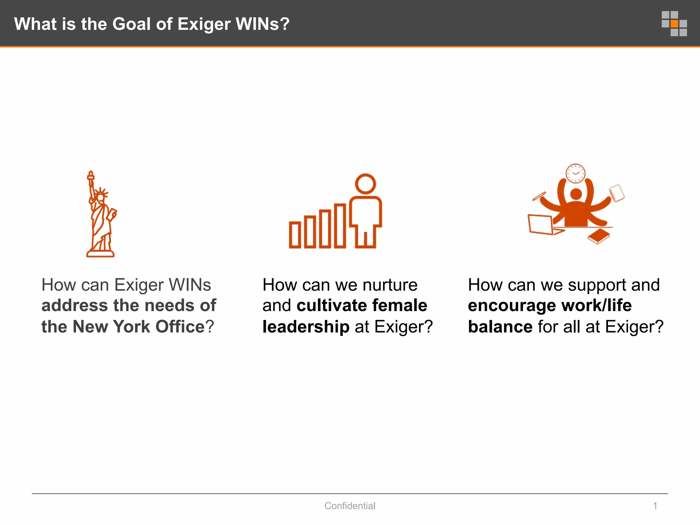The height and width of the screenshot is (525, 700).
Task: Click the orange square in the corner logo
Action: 674,24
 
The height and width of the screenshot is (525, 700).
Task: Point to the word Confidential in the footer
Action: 350,506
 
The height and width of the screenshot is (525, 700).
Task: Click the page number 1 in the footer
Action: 655,506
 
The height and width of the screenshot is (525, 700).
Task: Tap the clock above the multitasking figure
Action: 576,173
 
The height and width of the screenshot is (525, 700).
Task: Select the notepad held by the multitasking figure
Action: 617,193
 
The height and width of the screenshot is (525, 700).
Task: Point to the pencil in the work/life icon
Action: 539,197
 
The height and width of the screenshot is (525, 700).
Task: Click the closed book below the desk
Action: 599,236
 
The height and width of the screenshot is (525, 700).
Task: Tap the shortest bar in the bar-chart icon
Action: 295,235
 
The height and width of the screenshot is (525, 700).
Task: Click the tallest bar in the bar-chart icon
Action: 340,226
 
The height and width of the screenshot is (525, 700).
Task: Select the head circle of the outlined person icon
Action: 365,184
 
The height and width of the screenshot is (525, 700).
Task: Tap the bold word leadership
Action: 306,326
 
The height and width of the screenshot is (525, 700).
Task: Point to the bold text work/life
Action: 596,305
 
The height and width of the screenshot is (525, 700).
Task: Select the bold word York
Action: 132,326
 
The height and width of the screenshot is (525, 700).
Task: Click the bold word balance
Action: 500,326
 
